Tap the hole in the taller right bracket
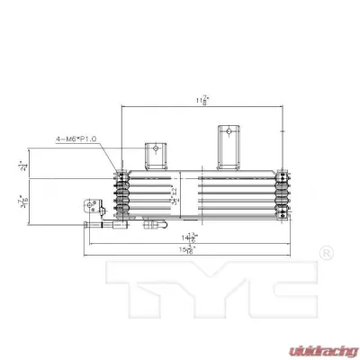pyautogui.click(x=228, y=132)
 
